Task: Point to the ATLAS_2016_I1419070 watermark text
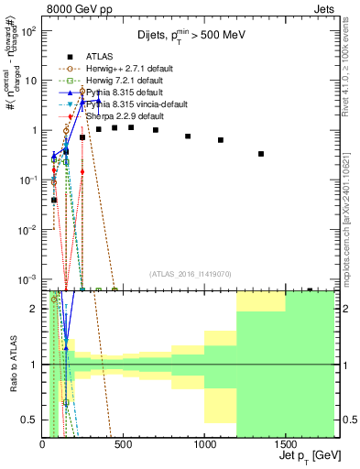tap(191, 274)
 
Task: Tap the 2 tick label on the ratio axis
tap(35, 309)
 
